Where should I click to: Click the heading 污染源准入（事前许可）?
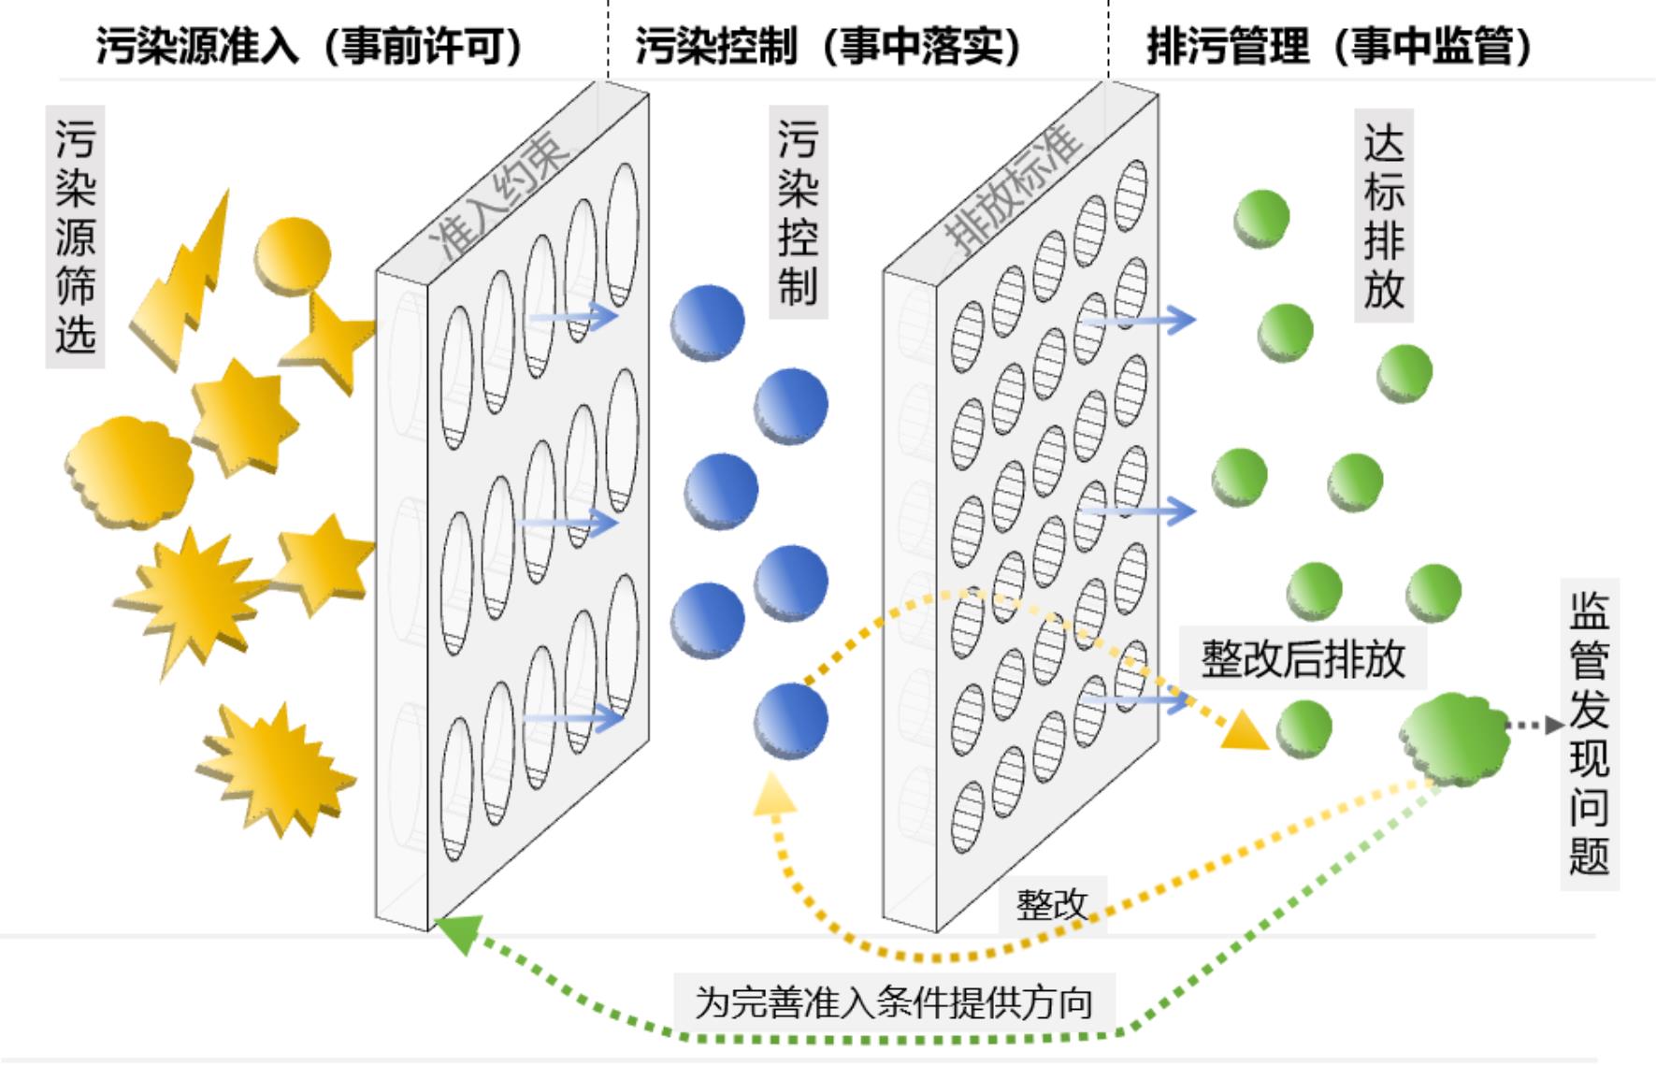310,45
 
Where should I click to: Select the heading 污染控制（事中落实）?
830,45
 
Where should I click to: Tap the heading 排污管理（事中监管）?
1340,45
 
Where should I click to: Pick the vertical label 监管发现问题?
1589,734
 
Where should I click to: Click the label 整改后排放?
1303,658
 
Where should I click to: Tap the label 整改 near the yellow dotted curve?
1052,904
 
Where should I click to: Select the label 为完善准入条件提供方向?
894,1002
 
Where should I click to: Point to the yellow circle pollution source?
293,254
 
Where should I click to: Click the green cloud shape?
1455,739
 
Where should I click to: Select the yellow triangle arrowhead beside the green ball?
1245,730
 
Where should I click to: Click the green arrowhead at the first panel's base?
459,932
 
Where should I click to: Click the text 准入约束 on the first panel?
500,194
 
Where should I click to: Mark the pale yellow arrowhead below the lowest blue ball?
774,795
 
